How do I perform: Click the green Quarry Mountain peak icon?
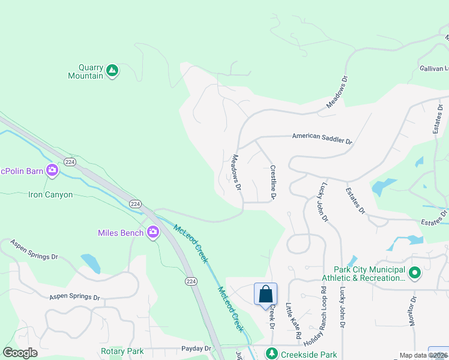(x=112, y=71)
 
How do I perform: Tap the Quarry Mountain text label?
(x=86, y=71)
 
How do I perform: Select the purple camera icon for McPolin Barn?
(x=52, y=171)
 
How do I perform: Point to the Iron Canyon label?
(x=50, y=195)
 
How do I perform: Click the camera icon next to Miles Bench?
(x=153, y=232)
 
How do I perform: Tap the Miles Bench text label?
(x=121, y=233)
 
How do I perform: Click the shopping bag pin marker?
(x=265, y=295)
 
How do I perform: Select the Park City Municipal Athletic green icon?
(x=414, y=274)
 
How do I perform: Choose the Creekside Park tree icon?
(x=272, y=353)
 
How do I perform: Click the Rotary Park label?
(x=121, y=351)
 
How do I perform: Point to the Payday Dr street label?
(x=196, y=349)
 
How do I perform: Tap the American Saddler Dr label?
(x=322, y=139)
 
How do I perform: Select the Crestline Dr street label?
(x=273, y=182)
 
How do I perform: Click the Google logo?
(x=20, y=353)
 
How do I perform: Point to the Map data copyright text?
(x=423, y=356)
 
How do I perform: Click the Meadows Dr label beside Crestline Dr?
(x=236, y=173)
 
